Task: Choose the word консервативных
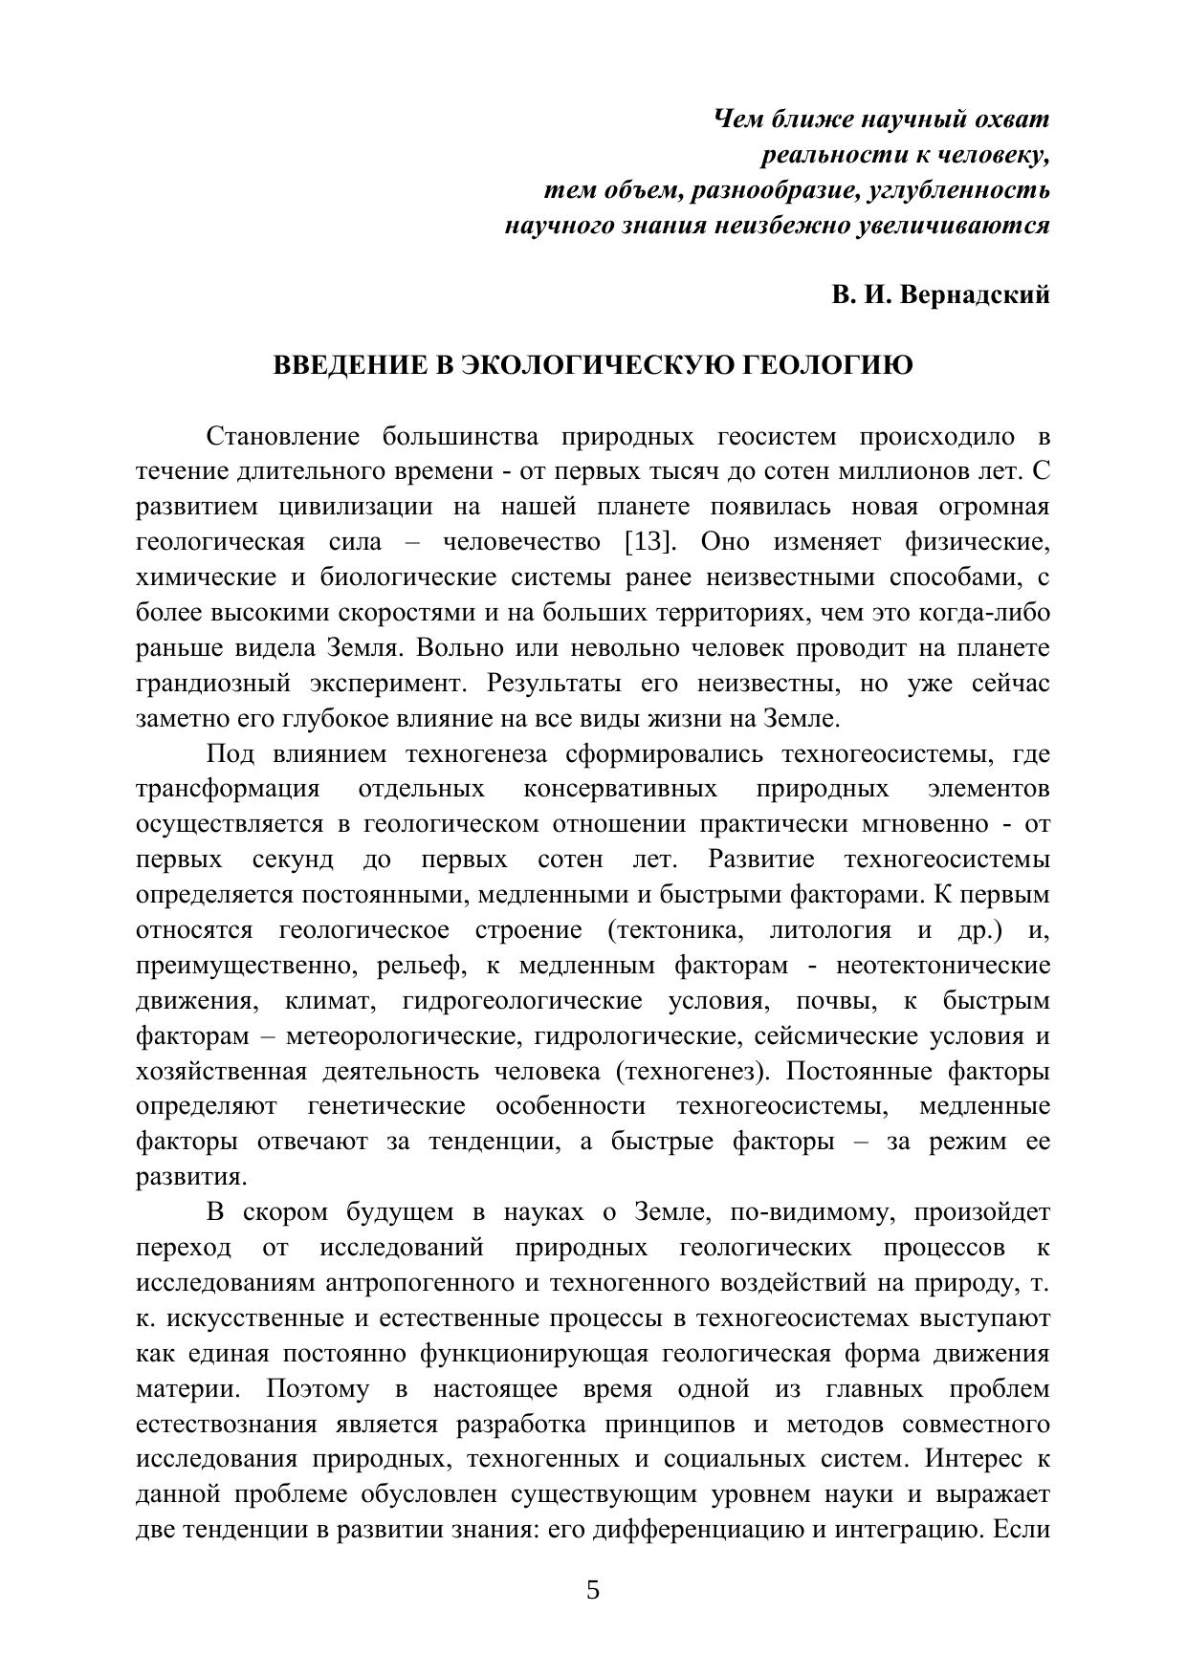point(620,790)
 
